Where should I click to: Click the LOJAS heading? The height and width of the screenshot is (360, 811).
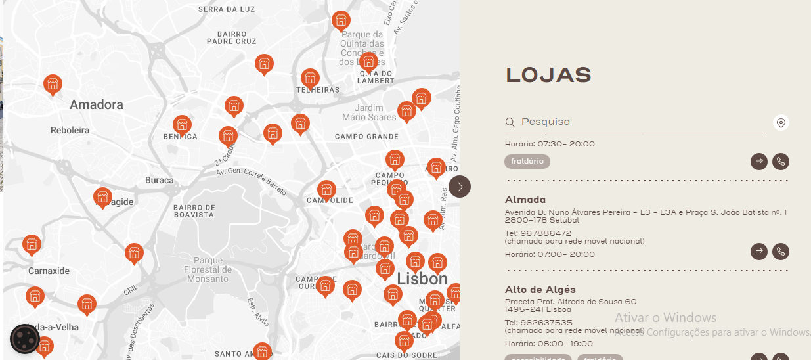[x=548, y=76]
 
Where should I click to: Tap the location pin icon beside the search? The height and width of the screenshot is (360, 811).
[x=781, y=123]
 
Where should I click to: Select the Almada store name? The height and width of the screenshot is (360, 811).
[x=525, y=200]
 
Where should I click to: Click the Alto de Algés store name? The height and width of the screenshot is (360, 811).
[x=540, y=290]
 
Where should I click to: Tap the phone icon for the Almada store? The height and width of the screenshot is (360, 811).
[x=780, y=252]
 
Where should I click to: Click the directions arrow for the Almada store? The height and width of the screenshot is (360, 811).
[x=759, y=252]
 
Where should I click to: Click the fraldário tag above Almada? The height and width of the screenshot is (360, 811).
[x=527, y=162]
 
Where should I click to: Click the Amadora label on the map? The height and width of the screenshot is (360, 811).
[x=97, y=105]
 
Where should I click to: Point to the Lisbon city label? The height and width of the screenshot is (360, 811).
[x=422, y=279]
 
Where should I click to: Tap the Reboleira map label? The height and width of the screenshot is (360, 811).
[x=70, y=131]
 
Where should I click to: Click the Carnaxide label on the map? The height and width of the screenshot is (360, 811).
[x=49, y=271]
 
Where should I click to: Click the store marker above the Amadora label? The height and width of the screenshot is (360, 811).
[x=53, y=84]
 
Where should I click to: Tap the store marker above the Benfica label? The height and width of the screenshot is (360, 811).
[x=182, y=124]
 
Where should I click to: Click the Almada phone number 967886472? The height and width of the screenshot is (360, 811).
[x=538, y=233]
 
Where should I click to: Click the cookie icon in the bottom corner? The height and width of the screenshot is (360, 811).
[x=25, y=339]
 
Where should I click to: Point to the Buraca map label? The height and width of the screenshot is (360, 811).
[x=160, y=181]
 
